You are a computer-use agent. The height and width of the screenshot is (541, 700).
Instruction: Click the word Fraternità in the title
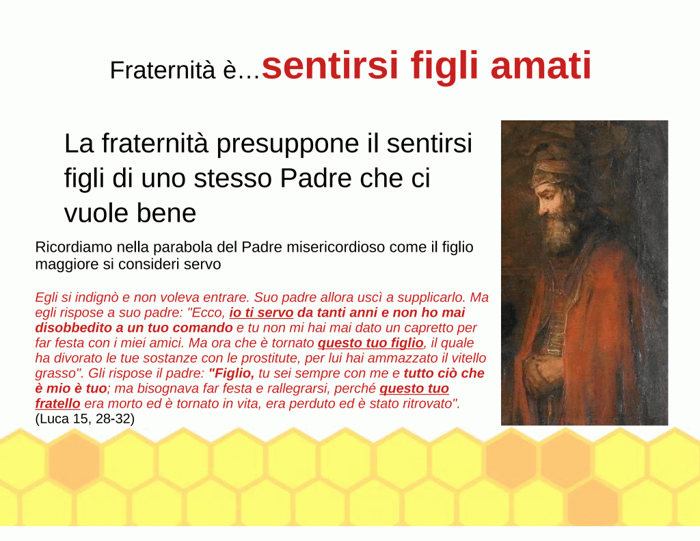163,70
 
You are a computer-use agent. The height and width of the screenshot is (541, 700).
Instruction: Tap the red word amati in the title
541,65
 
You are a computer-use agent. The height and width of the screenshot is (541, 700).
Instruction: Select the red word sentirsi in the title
329,65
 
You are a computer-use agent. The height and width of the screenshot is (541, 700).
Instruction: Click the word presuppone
288,144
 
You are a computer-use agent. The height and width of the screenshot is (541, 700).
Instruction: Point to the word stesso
232,179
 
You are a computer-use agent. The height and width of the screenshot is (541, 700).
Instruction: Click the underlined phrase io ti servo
261,313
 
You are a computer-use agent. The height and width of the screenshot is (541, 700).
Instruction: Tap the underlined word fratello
57,404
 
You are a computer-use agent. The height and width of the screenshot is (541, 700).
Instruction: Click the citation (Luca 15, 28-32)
85,419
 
